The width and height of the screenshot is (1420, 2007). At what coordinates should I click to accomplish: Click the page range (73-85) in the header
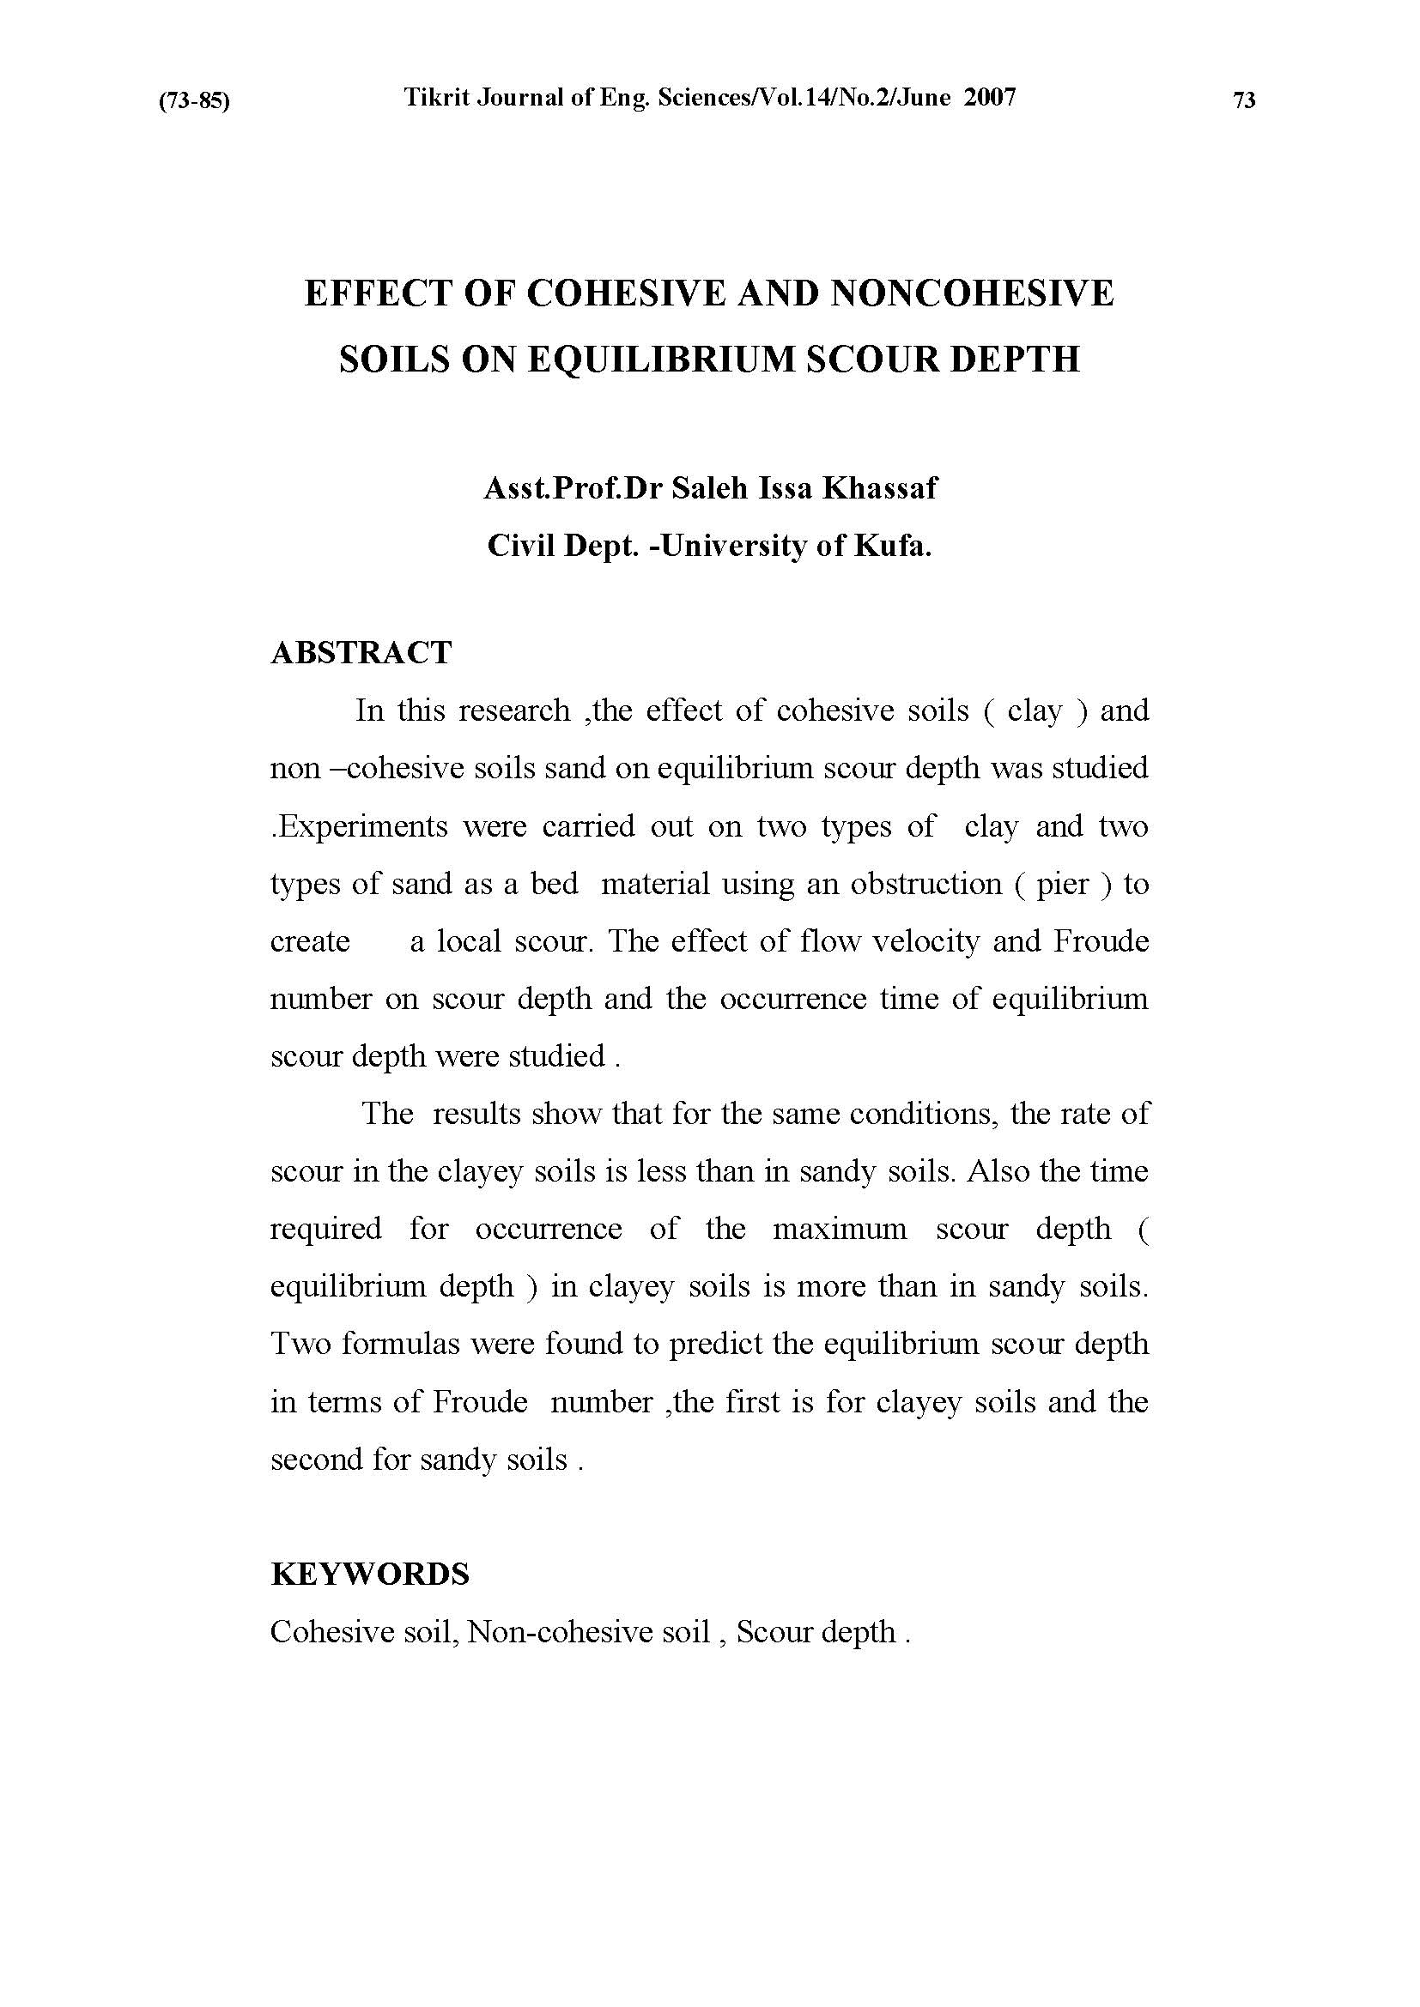pos(193,101)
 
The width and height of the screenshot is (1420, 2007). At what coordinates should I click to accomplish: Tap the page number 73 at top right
pos(1243,100)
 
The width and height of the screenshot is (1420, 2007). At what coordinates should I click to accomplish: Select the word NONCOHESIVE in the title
pos(972,293)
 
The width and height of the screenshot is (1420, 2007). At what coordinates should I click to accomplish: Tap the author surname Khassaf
pos(879,487)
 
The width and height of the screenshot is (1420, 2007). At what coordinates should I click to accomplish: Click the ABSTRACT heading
pos(361,653)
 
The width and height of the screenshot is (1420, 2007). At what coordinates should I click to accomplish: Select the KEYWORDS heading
pos(370,1574)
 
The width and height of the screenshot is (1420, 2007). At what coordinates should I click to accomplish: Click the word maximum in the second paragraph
pos(840,1229)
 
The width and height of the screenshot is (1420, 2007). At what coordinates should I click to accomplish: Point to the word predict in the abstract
pos(716,1344)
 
